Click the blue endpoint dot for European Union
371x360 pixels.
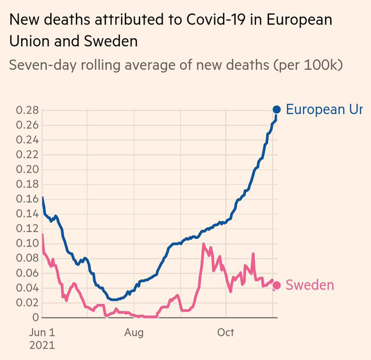277,110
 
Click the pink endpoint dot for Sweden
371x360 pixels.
277,285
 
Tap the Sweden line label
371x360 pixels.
310,285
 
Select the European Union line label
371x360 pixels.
324,109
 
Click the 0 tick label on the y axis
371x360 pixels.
35,317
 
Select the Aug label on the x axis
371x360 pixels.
133,332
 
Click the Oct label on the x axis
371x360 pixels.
225,332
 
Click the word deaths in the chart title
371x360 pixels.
68,20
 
